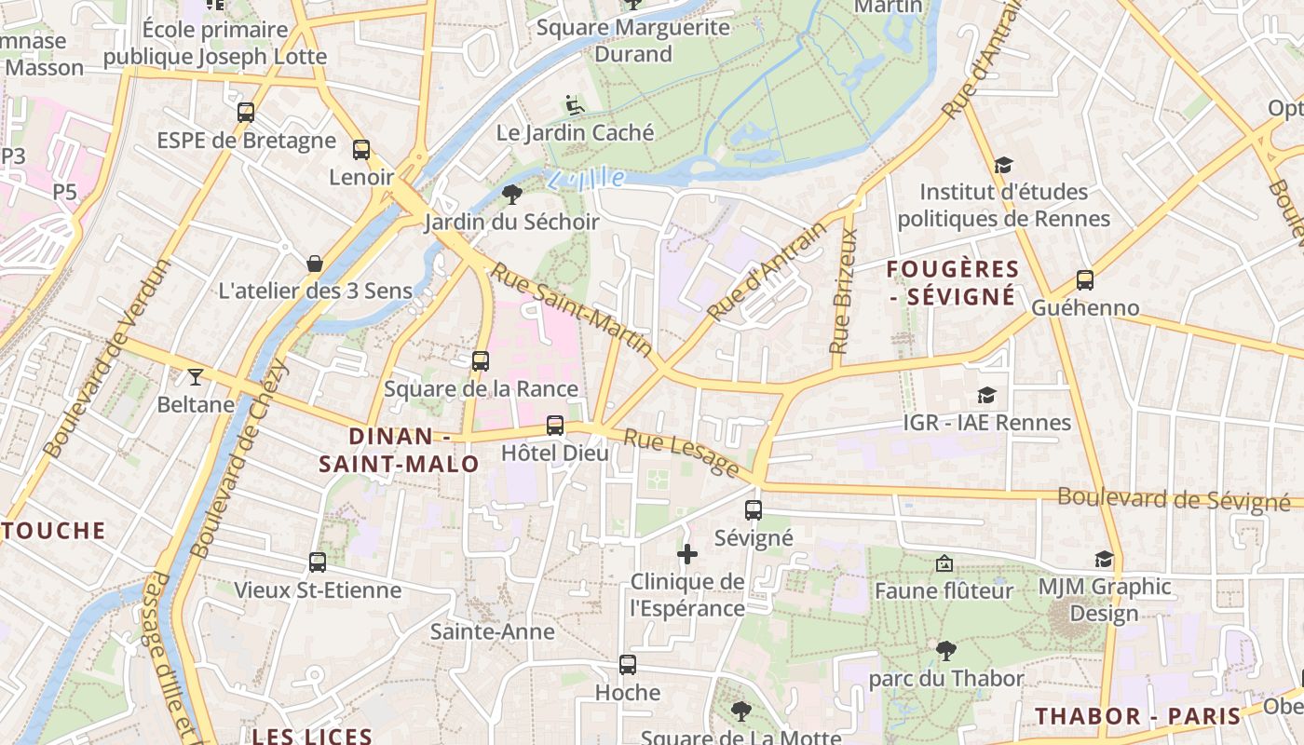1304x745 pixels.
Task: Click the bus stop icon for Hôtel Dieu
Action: (x=555, y=426)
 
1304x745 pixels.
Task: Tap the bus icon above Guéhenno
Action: (x=1084, y=279)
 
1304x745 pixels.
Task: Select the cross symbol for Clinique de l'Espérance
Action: (x=687, y=554)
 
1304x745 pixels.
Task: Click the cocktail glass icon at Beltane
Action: (x=196, y=376)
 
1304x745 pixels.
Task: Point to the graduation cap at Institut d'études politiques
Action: (x=1003, y=165)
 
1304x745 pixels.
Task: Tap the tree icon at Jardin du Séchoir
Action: (x=511, y=194)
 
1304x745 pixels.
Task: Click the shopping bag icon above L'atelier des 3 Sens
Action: (x=315, y=263)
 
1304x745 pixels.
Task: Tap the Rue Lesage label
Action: (x=681, y=452)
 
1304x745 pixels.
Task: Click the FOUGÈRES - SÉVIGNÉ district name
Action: (x=952, y=283)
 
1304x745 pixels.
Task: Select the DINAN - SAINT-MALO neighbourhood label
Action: (x=400, y=450)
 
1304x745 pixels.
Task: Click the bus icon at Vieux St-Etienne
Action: (x=318, y=562)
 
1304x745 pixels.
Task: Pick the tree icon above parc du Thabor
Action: (x=946, y=650)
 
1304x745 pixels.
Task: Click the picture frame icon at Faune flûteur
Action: (x=944, y=563)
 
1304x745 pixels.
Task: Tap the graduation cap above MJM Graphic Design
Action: (x=1104, y=559)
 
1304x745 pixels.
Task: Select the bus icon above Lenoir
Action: (x=361, y=149)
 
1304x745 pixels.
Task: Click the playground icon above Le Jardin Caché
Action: (x=575, y=105)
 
